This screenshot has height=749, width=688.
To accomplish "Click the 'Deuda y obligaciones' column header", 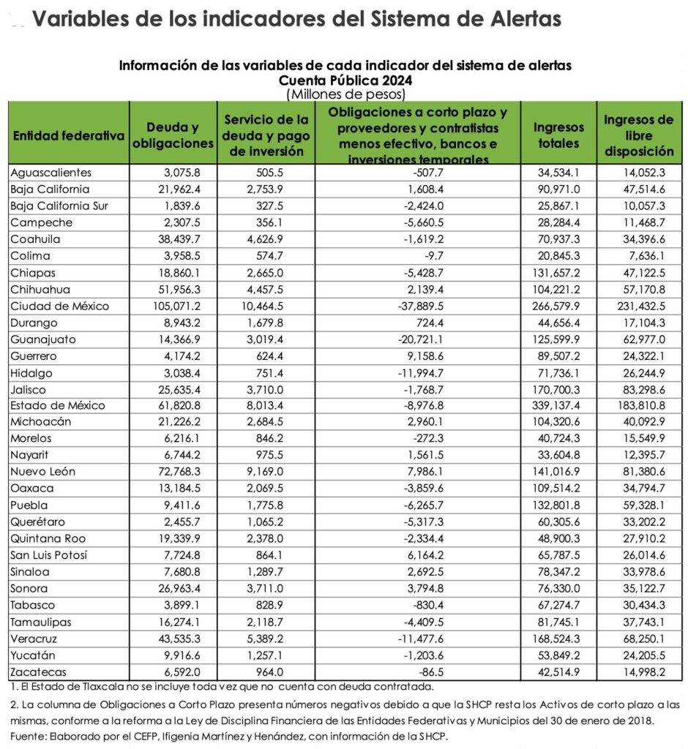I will [172, 135].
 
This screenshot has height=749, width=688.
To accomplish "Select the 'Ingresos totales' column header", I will [558, 135].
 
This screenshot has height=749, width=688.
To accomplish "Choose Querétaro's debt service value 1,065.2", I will [274, 522].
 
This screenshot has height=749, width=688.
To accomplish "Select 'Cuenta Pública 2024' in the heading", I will [344, 80].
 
